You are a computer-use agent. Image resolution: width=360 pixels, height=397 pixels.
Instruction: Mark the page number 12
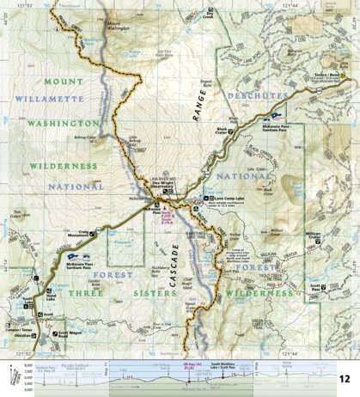[x=344, y=379]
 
